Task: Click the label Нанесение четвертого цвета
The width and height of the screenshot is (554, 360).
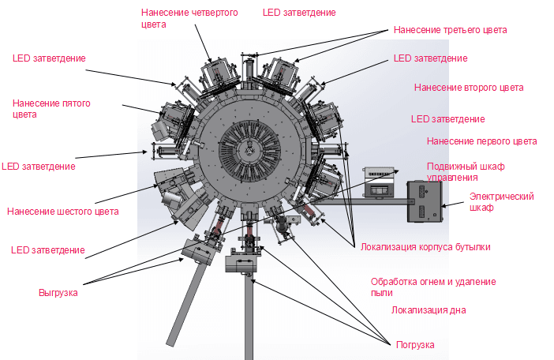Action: tap(189, 18)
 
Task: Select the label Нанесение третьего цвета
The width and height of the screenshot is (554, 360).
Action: tap(449, 30)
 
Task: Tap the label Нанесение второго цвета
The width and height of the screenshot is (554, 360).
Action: tap(468, 88)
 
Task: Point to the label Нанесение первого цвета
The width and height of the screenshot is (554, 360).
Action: tap(481, 141)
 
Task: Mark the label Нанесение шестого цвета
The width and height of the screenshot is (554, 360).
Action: tap(62, 211)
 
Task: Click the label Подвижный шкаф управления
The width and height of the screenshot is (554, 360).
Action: tap(465, 172)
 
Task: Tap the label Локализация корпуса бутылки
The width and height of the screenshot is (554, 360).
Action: tap(425, 247)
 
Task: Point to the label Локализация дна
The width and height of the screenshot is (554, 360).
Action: tap(428, 310)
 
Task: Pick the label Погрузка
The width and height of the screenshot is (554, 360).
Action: tap(414, 345)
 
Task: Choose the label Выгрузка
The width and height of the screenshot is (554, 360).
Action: tap(58, 293)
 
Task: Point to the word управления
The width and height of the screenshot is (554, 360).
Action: tap(452, 178)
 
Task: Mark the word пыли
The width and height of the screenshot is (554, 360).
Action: tap(382, 293)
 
